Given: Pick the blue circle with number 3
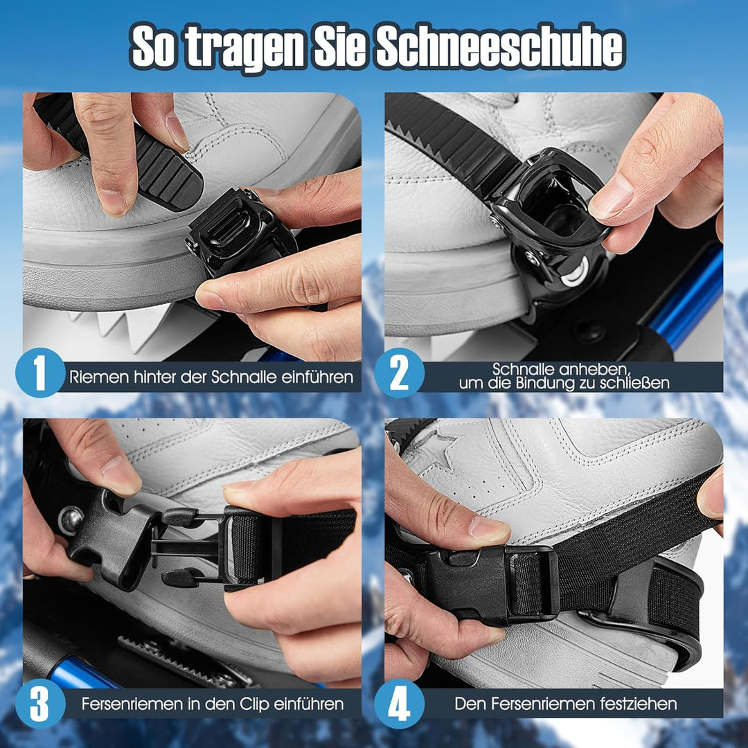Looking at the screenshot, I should tap(39, 704).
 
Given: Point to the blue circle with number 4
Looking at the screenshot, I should tap(400, 704).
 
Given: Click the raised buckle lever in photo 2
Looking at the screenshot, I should tap(554, 201).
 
